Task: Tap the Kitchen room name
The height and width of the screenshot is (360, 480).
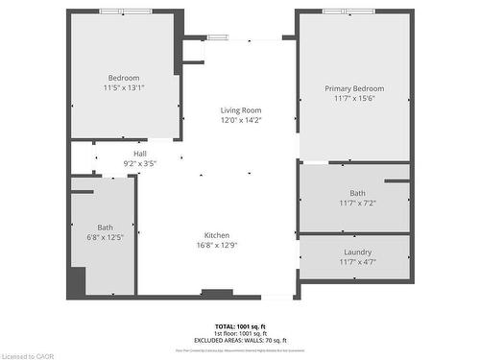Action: pyautogui.click(x=216, y=235)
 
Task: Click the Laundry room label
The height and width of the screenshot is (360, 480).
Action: pyautogui.click(x=357, y=252)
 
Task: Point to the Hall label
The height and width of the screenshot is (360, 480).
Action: pyautogui.click(x=140, y=154)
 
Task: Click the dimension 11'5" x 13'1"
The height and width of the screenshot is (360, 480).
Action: pyautogui.click(x=123, y=87)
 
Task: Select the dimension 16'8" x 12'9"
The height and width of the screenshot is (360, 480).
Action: pyautogui.click(x=216, y=245)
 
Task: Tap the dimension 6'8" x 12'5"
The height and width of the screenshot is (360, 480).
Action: pyautogui.click(x=105, y=236)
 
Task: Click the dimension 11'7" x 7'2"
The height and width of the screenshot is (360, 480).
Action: pyautogui.click(x=357, y=203)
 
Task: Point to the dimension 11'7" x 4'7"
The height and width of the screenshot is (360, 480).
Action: pyautogui.click(x=357, y=262)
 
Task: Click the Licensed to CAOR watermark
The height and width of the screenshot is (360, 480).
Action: pyautogui.click(x=28, y=354)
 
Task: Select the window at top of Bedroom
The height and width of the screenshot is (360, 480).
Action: pyautogui.click(x=125, y=11)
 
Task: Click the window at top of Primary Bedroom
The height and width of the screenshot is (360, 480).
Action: pyautogui.click(x=349, y=11)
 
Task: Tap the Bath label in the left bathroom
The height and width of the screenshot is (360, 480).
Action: pyautogui.click(x=105, y=227)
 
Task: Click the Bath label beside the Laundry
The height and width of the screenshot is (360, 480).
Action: pyautogui.click(x=357, y=193)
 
